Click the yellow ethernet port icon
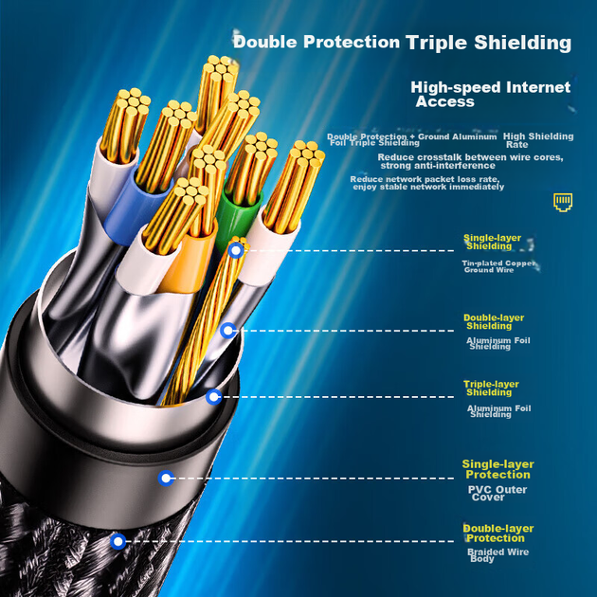coord(563,203)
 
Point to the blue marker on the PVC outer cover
coord(167,479)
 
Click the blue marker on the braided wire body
coord(118,541)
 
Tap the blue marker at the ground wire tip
coord(237,250)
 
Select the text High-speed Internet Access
coord(491,94)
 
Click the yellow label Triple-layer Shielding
coord(491,388)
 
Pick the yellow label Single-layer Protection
coord(498,469)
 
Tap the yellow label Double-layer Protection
coord(498,533)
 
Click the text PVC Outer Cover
coord(497,493)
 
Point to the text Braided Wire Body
coord(498,555)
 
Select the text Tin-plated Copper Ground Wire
coord(498,266)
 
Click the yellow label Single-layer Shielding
coord(492,243)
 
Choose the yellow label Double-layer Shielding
coord(494,322)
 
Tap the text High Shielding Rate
coord(538,140)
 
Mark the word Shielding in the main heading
coord(522,43)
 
